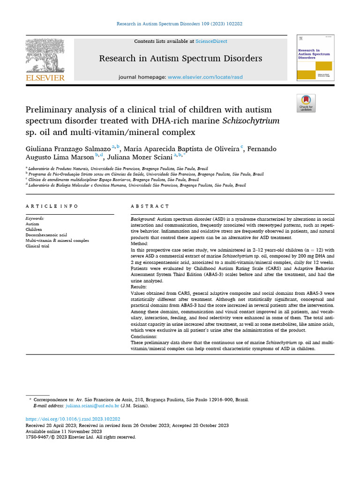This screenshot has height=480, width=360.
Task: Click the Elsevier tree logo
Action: point(45,55)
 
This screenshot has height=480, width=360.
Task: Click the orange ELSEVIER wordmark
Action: point(45,78)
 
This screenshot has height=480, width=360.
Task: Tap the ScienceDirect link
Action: point(211,41)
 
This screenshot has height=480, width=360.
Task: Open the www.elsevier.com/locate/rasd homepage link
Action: point(205,77)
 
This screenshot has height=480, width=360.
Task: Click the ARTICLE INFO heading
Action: point(52,206)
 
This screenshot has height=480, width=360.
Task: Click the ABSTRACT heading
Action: point(150,206)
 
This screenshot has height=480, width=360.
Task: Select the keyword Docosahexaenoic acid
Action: point(46,235)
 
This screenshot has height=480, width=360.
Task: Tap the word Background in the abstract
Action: point(142,219)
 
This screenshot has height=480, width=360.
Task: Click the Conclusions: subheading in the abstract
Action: point(144,337)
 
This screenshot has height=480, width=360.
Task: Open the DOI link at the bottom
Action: point(73,419)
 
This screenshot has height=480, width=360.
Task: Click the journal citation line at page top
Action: point(180,23)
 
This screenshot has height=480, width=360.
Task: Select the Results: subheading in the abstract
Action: point(139,286)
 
